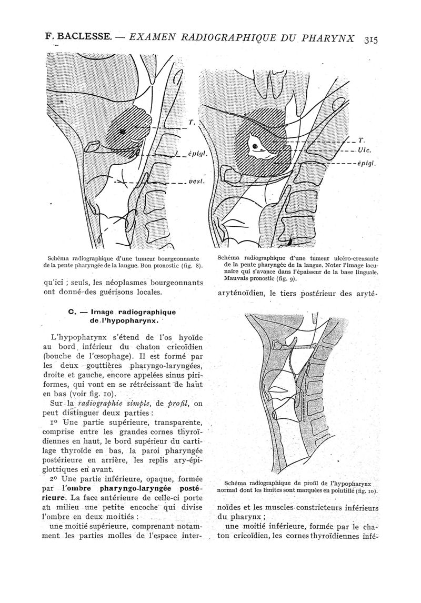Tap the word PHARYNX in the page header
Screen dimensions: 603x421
point(326,38)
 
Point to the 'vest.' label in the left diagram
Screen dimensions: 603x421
point(195,182)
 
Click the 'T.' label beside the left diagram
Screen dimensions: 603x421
point(192,123)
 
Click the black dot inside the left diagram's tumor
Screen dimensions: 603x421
point(122,131)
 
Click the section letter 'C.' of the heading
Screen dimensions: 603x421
point(73,311)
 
